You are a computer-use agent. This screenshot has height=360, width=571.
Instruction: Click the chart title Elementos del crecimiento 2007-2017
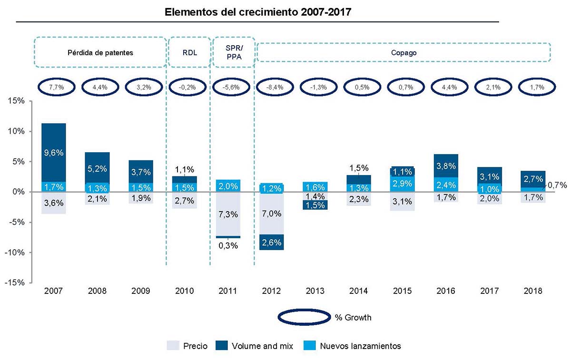pos(257,12)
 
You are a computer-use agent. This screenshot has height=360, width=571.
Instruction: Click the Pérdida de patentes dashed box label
pos(100,53)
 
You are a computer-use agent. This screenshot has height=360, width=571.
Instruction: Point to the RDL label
pos(190,53)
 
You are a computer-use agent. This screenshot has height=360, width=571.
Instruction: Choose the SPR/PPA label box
pos(233,53)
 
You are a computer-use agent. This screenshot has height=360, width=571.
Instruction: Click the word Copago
pos(404,53)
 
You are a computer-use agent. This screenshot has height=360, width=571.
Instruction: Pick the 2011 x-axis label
pos(228,291)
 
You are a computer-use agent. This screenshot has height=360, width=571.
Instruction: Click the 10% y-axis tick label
pos(18,131)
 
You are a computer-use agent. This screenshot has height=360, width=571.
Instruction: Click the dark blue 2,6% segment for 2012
pos(272,242)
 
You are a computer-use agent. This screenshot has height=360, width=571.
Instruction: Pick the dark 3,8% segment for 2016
pos(445,166)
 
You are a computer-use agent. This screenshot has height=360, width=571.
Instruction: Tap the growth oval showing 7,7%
pos(56,88)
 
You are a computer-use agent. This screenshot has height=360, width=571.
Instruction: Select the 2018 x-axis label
pos(532,291)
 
